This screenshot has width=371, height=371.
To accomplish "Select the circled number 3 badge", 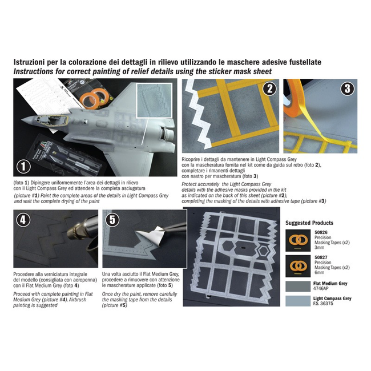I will [347, 89].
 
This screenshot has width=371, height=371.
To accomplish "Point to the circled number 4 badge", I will [23, 220].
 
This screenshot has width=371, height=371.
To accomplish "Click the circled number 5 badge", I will [112, 220].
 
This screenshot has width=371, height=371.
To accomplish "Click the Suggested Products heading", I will [309, 223].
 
